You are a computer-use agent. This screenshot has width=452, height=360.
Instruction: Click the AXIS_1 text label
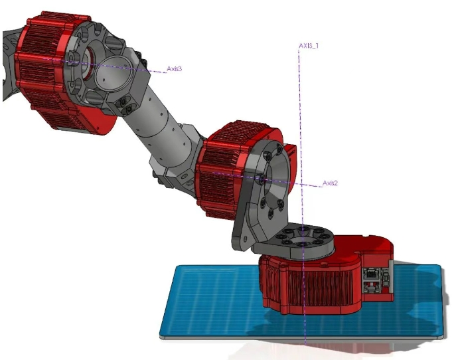309,46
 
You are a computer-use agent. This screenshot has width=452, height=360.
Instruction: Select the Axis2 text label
330,183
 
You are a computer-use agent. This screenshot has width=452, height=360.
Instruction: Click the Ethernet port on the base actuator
374,272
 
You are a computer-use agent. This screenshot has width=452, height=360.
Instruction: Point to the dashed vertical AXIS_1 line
301,120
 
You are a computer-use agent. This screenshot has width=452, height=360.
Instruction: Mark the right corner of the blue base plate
440,268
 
